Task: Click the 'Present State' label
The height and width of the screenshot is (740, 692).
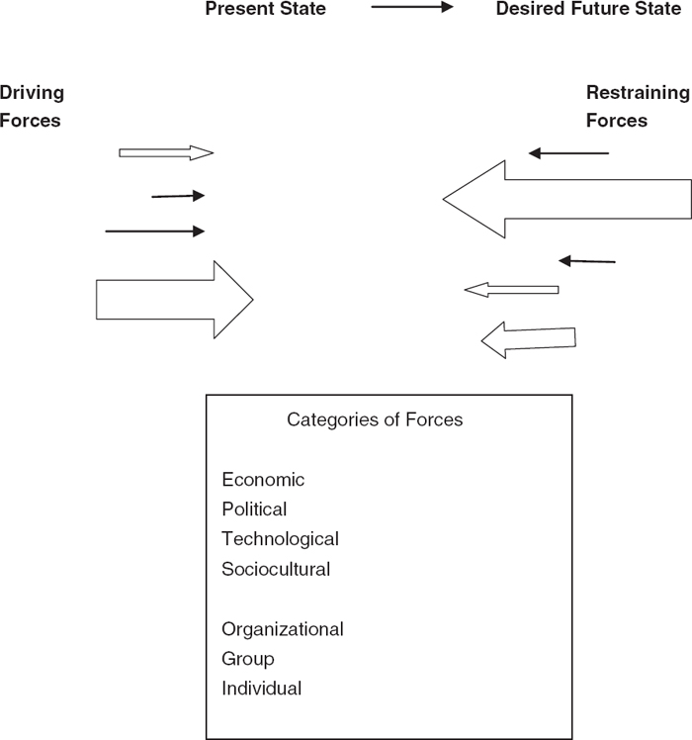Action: pyautogui.click(x=265, y=10)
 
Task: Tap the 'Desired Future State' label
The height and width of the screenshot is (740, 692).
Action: pyautogui.click(x=589, y=10)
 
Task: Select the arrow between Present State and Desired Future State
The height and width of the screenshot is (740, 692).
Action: pyautogui.click(x=411, y=8)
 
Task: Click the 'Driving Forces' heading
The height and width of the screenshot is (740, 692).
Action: pyautogui.click(x=32, y=107)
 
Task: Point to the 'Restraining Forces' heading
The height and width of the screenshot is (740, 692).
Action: pyautogui.click(x=638, y=107)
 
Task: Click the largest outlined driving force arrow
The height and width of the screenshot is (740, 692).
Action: pyautogui.click(x=174, y=299)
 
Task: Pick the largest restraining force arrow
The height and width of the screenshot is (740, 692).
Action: pyautogui.click(x=567, y=200)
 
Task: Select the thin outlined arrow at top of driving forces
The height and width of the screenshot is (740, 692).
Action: pyautogui.click(x=166, y=152)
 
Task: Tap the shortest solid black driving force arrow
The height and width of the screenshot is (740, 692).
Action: pyautogui.click(x=178, y=196)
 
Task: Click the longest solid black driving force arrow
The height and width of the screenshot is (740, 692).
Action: pyautogui.click(x=154, y=231)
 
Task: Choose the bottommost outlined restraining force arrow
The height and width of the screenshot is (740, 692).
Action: pyautogui.click(x=528, y=339)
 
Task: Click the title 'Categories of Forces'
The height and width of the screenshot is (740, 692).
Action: pyautogui.click(x=375, y=419)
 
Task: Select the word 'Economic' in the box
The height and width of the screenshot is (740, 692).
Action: pyautogui.click(x=263, y=480)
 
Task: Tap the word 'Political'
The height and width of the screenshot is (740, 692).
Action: pyautogui.click(x=254, y=509)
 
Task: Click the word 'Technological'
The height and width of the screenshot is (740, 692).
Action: pyautogui.click(x=280, y=539)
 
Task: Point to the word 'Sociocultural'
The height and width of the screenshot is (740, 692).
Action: pyautogui.click(x=276, y=570)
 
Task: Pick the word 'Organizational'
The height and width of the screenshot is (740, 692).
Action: pyautogui.click(x=282, y=629)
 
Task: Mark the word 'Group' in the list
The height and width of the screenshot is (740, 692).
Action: pyautogui.click(x=248, y=659)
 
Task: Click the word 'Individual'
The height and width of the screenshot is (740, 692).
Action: pyautogui.click(x=261, y=689)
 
